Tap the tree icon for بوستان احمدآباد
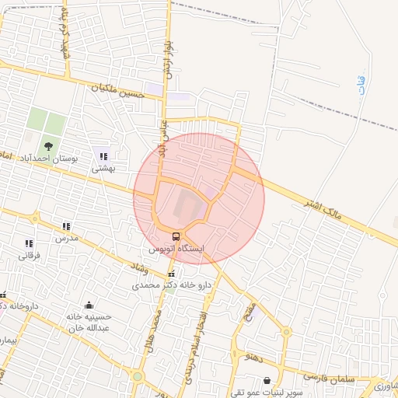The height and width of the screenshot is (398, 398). [49, 145]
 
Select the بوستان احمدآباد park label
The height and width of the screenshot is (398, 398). [54, 158]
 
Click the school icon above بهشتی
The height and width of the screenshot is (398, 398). [103, 156]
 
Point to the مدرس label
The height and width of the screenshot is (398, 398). [66, 238]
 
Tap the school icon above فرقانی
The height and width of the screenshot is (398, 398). [29, 243]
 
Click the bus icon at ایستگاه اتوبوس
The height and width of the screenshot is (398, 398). [176, 236]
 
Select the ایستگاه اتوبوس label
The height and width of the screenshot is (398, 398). [176, 249]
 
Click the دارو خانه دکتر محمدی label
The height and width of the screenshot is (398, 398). [172, 285]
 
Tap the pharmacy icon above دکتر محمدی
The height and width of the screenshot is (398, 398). [172, 274]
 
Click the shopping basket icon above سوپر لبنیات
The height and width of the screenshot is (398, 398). [268, 381]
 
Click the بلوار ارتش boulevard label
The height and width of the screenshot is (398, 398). [166, 59]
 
